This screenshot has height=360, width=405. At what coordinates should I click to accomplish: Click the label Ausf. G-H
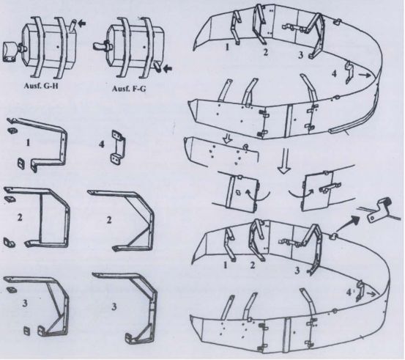(41, 86)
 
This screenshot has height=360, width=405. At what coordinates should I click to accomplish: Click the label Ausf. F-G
(129, 89)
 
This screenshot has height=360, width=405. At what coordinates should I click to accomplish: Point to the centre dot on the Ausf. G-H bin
(58, 47)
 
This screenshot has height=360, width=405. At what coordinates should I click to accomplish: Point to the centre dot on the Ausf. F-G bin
(144, 47)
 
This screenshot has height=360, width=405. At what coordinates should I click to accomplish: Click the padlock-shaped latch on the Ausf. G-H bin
(11, 52)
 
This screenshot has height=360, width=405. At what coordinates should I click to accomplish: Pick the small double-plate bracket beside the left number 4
(119, 147)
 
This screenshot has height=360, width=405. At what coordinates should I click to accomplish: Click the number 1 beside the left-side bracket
(28, 142)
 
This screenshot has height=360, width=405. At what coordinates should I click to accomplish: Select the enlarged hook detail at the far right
(380, 210)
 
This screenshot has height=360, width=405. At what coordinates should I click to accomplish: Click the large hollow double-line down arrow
(283, 161)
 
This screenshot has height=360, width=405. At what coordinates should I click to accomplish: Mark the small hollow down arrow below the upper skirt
(228, 139)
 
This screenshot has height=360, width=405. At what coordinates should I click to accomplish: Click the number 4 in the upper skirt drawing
(334, 74)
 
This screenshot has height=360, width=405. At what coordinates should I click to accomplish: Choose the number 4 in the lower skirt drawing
(349, 293)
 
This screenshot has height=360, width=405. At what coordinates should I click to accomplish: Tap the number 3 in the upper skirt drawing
(300, 55)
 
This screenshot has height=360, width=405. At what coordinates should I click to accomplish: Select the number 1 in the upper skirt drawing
(227, 48)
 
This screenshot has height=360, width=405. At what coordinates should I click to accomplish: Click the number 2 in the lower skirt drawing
(253, 265)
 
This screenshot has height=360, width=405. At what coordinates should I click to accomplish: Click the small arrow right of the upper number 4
(363, 75)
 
